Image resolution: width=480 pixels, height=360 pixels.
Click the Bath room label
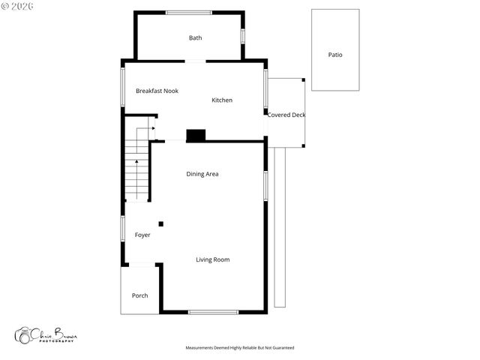point(195,38)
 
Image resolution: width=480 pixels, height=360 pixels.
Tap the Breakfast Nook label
point(157,91)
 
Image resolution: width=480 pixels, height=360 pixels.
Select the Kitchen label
point(222,100)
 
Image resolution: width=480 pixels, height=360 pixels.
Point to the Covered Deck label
point(286,115)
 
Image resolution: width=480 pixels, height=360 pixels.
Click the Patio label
point(335,55)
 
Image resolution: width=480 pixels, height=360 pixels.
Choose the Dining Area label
point(202,174)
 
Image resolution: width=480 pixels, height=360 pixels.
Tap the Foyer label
point(142,235)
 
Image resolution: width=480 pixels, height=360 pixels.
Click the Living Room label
point(213,259)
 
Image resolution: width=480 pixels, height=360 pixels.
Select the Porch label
point(139,295)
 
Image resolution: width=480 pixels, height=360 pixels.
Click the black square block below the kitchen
point(196,135)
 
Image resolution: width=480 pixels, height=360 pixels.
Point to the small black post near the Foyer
point(160,223)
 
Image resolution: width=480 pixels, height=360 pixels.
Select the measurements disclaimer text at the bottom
point(240,348)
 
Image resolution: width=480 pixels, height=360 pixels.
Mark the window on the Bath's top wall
point(188,12)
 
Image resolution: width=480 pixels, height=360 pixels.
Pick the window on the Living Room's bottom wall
point(213,312)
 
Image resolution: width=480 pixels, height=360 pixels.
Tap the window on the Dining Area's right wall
point(265,185)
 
